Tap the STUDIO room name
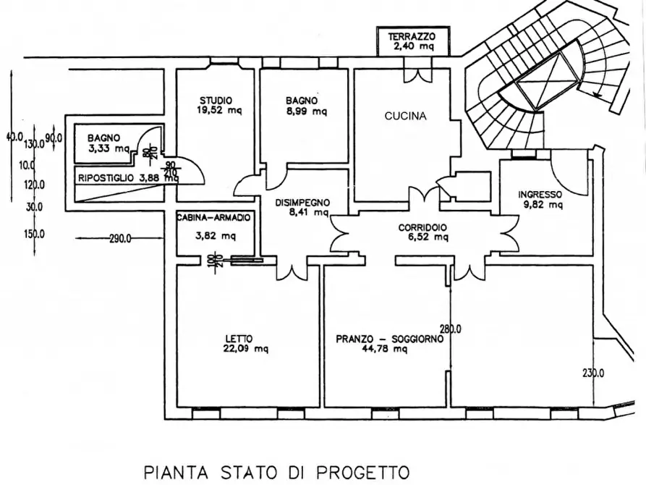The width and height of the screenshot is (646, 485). (216, 100)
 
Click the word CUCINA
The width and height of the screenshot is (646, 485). (405, 116)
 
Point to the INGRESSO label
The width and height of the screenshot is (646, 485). (540, 194)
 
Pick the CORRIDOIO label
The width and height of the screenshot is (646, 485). (422, 227)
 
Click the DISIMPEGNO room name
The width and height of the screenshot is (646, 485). (302, 203)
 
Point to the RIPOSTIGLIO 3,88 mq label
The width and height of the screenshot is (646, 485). (127, 178)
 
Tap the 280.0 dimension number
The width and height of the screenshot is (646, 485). (451, 329)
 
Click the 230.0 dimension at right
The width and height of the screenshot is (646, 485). (593, 374)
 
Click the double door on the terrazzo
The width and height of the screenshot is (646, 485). (418, 74)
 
